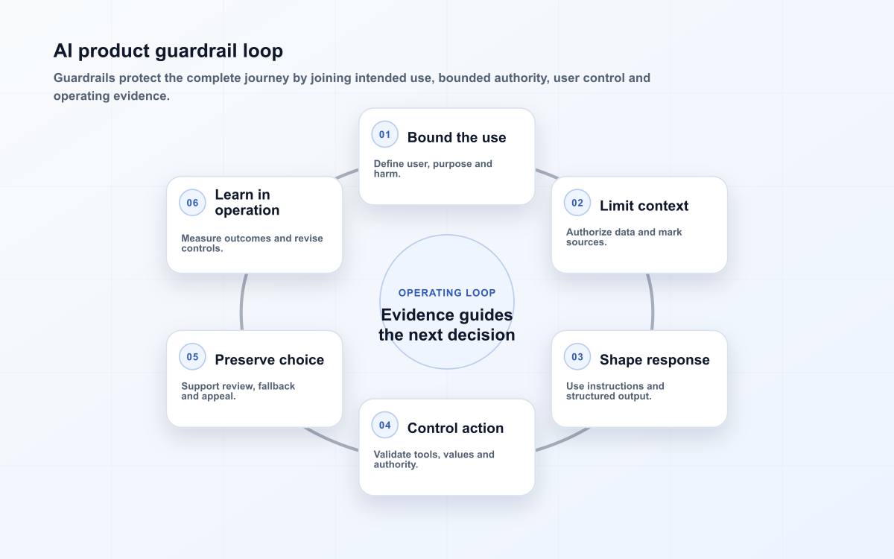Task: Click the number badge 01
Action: [x=384, y=135]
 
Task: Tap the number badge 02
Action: [x=577, y=203]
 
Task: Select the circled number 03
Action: [x=577, y=356]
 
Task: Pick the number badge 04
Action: [x=384, y=425]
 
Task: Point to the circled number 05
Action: [x=192, y=356]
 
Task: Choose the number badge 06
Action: [x=192, y=203]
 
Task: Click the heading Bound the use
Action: [x=457, y=137]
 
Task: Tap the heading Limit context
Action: [x=644, y=206]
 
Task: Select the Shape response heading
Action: [x=655, y=360]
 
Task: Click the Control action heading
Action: [x=455, y=428]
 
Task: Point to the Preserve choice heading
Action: [x=270, y=360]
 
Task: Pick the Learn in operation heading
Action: [x=247, y=203]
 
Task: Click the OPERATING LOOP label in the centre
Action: [x=447, y=293]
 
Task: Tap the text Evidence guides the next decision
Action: [x=447, y=325]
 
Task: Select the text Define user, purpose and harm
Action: [x=433, y=168]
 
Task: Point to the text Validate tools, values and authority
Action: [x=434, y=459]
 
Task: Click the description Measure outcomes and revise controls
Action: [x=252, y=243]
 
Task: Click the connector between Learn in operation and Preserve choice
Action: [x=241, y=303]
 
